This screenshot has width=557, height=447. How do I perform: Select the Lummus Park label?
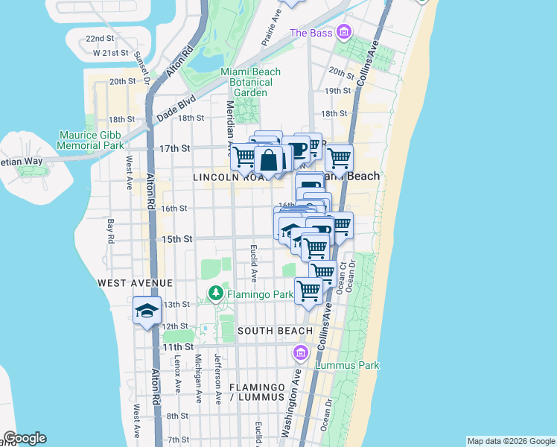pos(347,365)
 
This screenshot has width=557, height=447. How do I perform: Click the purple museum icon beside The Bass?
pos(343,32)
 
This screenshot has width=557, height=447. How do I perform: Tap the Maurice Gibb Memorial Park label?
pos(92,140)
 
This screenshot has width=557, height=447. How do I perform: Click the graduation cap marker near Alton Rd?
pos(147,311)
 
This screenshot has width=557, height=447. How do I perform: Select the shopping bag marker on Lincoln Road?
pos(269,159)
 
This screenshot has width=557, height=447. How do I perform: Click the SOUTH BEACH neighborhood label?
pos(275,330)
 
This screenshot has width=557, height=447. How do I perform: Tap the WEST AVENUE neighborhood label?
pos(136,284)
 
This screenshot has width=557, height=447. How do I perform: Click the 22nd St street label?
pos(100,38)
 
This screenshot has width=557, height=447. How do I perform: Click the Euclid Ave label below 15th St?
pos(254,263)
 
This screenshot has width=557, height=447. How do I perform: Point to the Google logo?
pos(25,438)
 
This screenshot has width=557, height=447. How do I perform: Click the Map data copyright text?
pos(510,441)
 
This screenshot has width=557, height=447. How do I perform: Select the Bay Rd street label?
pos(110,230)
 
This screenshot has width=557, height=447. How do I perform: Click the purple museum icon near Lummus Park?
pos(302,352)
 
